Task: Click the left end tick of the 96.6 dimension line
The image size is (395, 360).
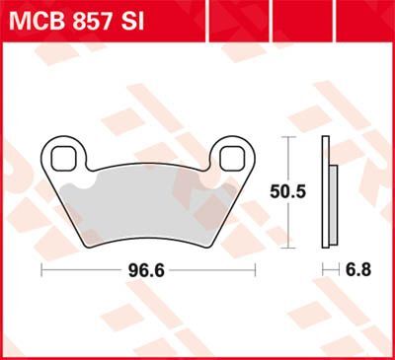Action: pyautogui.click(x=40, y=268)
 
